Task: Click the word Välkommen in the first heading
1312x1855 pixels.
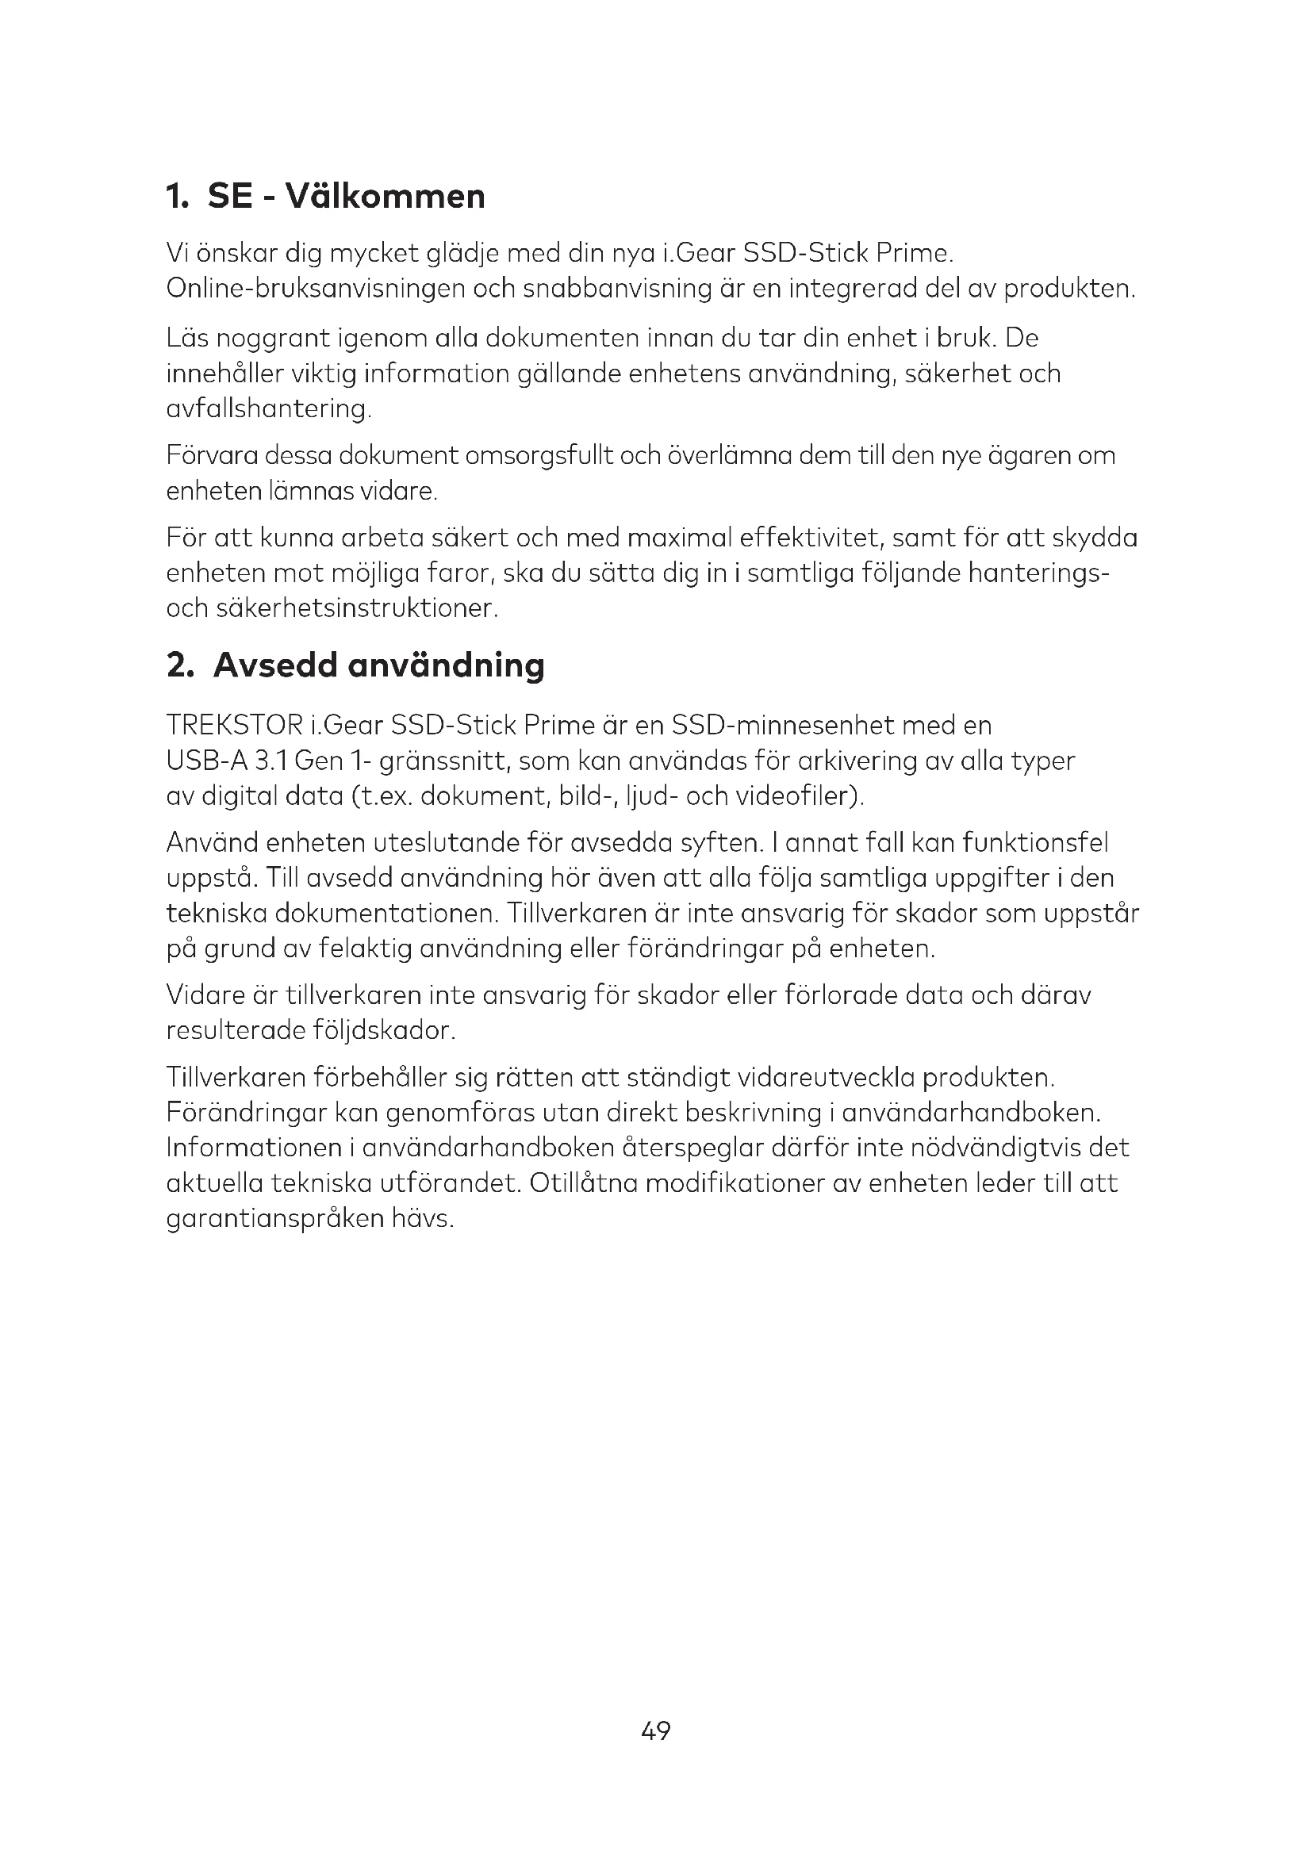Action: (386, 197)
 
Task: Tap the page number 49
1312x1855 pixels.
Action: (655, 1730)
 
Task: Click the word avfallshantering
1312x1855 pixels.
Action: (267, 408)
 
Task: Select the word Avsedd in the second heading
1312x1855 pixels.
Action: (274, 665)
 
